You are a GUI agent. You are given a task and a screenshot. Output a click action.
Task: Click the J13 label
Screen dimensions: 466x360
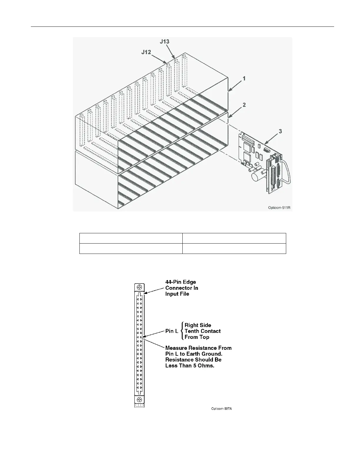point(164,41)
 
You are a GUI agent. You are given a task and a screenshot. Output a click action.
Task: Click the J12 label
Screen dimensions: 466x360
point(146,52)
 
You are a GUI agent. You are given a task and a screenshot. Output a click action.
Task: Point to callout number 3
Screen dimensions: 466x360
point(280,131)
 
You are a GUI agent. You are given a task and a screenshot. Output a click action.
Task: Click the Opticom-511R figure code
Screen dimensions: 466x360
point(279,208)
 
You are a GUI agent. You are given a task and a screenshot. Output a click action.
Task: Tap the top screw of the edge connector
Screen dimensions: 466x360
point(139,287)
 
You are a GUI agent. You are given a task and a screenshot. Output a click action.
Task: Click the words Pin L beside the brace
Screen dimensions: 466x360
point(172,331)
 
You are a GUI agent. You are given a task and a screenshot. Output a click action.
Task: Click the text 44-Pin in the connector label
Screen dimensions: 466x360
point(174,282)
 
